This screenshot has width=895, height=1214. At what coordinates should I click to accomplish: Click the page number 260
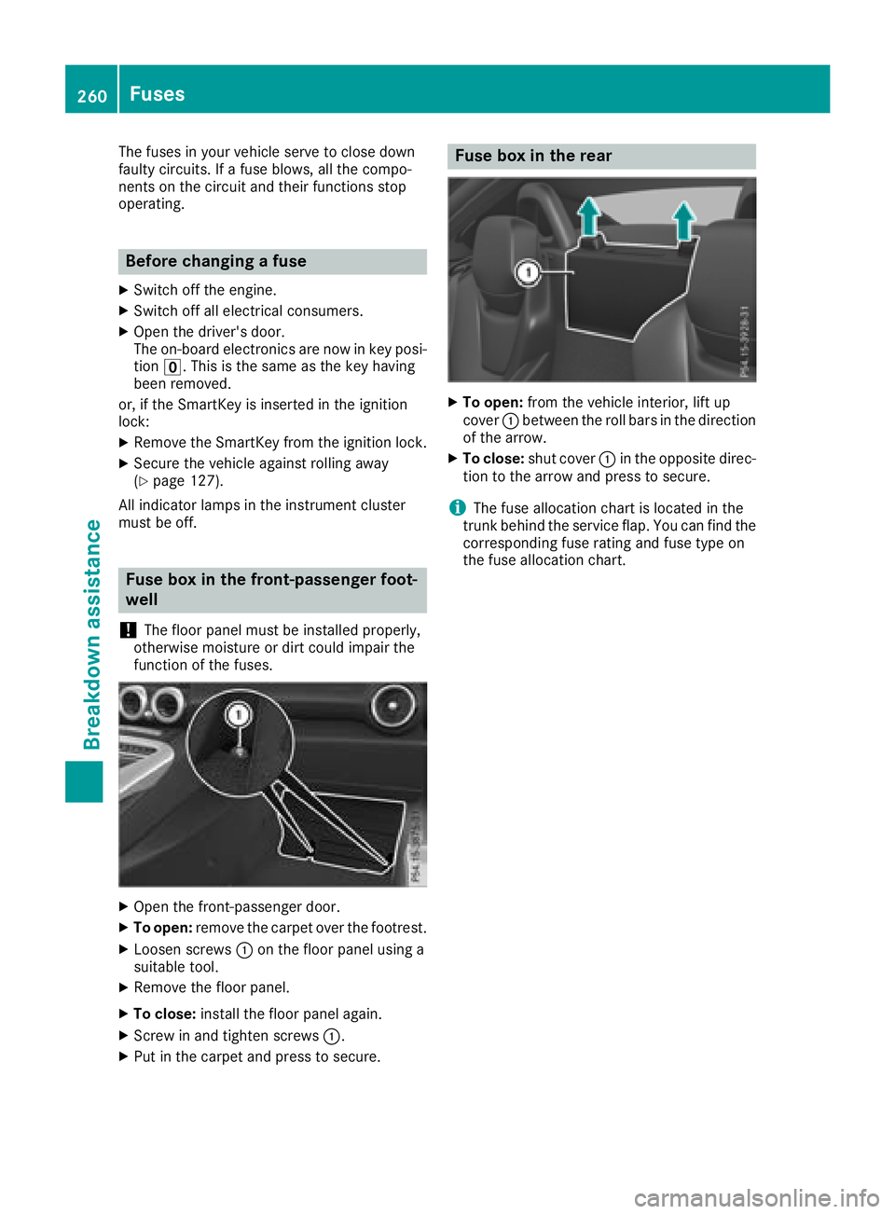[92, 96]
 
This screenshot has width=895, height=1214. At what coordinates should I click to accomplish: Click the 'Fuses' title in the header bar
[158, 94]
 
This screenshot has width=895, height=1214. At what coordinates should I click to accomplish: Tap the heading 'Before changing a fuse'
[216, 261]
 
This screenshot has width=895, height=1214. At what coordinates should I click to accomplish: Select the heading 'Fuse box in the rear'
[533, 156]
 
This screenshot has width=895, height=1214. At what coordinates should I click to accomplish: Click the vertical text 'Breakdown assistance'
[92, 634]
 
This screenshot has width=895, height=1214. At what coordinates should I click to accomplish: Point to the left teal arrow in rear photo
[588, 217]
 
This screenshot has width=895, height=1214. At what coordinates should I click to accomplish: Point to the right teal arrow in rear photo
[684, 221]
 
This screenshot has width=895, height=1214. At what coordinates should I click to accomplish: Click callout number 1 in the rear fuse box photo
[529, 272]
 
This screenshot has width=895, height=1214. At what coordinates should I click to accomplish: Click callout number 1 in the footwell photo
[239, 715]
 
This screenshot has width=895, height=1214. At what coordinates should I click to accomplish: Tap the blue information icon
[457, 508]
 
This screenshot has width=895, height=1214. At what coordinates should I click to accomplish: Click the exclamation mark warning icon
[128, 630]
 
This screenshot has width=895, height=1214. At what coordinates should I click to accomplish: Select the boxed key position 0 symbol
[172, 367]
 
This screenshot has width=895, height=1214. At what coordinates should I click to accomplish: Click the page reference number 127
[205, 481]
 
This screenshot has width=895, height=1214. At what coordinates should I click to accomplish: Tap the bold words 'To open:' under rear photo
[492, 403]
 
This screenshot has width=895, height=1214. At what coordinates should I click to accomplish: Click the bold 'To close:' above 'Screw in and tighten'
[164, 1014]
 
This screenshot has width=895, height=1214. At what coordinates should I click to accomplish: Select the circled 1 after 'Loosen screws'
[244, 950]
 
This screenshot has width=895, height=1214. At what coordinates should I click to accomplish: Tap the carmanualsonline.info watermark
[756, 1197]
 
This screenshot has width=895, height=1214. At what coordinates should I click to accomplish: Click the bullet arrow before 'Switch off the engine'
[124, 290]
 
